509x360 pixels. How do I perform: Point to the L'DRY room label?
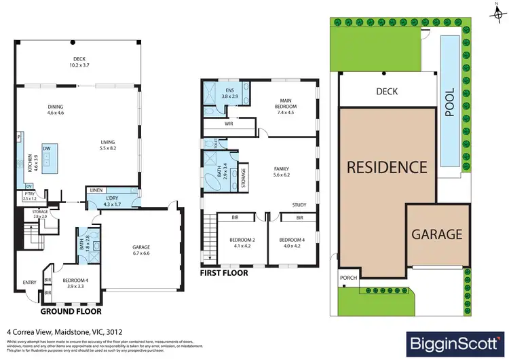tap(113, 199)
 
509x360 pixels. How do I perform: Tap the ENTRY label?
tap(30, 283)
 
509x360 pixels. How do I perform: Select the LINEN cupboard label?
tap(95, 190)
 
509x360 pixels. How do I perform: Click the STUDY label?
tap(299, 204)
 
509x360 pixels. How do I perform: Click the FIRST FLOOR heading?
tap(223, 273)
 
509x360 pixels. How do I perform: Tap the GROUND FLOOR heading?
tap(71, 312)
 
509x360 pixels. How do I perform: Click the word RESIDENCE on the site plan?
tap(388, 166)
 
